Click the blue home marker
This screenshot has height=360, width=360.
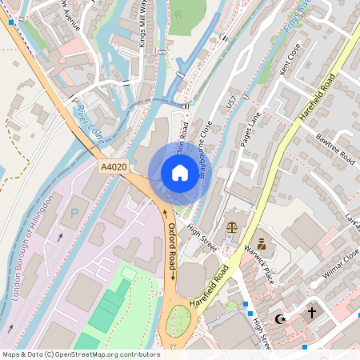coord(179,173)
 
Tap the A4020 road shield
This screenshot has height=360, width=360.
coord(113,167)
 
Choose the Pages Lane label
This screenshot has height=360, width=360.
coord(252,129)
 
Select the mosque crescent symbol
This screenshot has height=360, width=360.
coord(280,318)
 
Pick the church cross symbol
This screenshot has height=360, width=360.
coord(311,312)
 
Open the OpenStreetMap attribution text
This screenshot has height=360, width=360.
coord(81,354)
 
